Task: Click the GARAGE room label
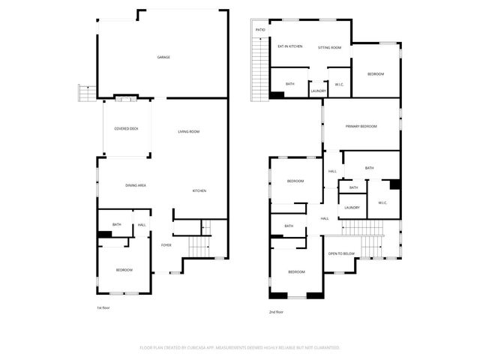coord(163,57)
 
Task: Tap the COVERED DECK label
coord(126,128)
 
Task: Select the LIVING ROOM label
coord(188,132)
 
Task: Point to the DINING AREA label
coord(135,184)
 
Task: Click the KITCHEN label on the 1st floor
coord(199,190)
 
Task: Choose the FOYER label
coord(166,244)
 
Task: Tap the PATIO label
coord(260,30)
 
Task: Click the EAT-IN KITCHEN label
coord(289,46)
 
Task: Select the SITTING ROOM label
coord(329,47)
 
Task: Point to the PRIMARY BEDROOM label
coord(361,127)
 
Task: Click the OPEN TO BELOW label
coord(341,253)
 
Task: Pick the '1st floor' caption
coord(104,307)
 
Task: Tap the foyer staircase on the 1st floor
coord(197,245)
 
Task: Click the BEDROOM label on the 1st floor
coord(124,270)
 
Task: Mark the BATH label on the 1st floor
coord(116,224)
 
